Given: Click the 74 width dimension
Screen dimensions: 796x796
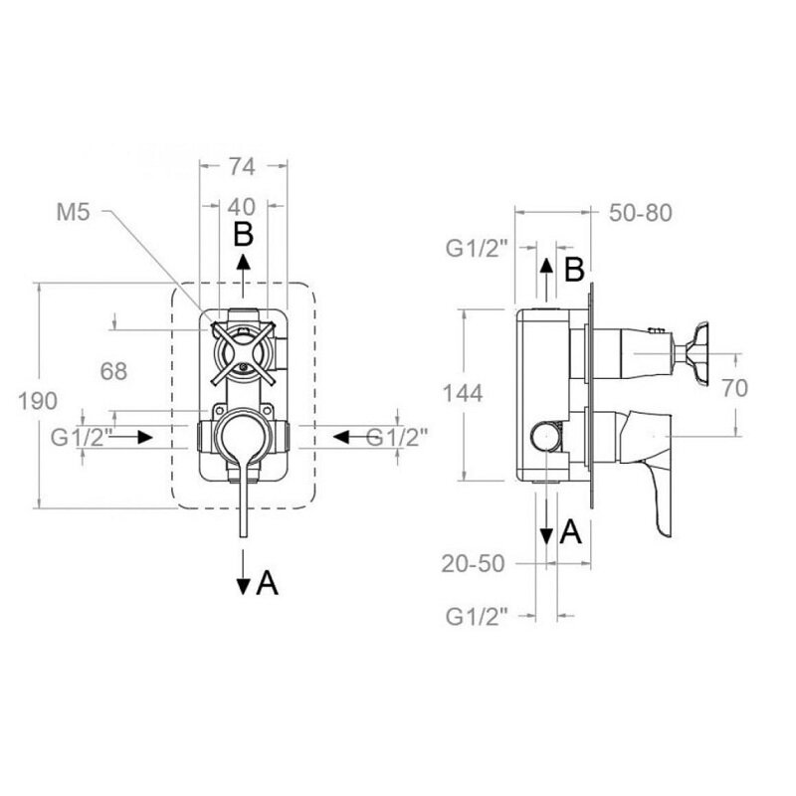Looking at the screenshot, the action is click(x=242, y=166).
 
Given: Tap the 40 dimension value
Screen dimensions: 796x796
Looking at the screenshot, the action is click(x=242, y=207).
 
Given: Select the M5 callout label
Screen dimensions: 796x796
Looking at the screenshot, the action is click(x=73, y=212).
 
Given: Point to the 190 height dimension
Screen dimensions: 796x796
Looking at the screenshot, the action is click(x=38, y=401).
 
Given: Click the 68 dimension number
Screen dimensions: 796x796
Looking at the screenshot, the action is click(x=113, y=371).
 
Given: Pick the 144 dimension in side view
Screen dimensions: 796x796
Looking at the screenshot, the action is click(x=463, y=393).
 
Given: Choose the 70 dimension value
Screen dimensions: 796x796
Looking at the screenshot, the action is click(x=735, y=388).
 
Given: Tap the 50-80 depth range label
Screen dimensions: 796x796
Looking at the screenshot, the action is click(x=641, y=213).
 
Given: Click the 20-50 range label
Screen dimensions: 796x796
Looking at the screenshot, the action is click(x=474, y=563).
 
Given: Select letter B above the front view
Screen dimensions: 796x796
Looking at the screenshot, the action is click(x=243, y=235).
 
